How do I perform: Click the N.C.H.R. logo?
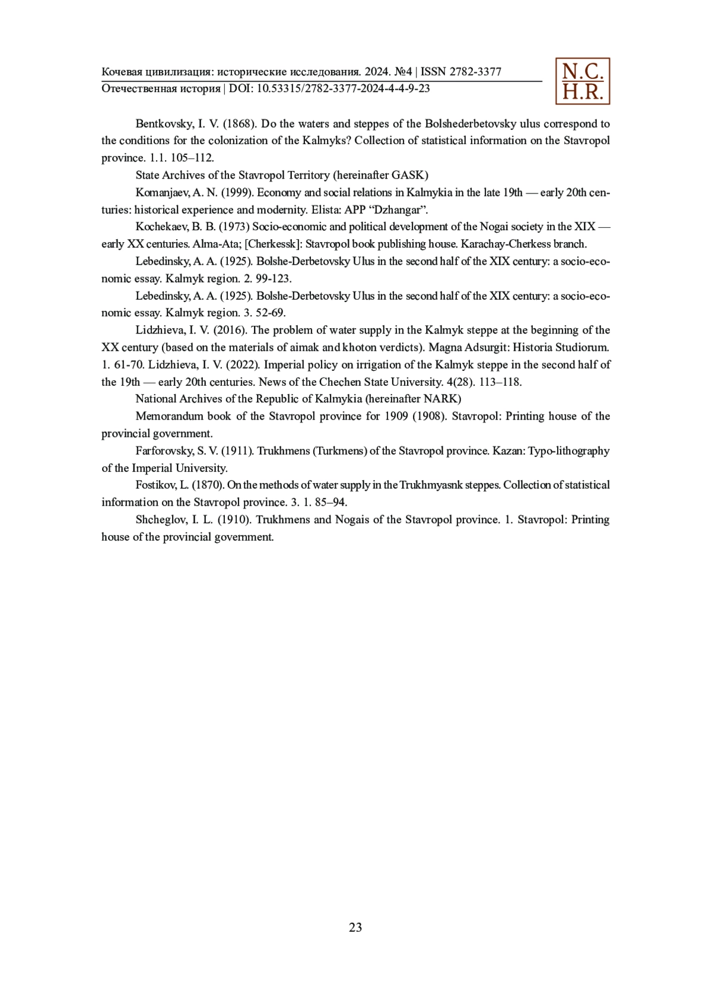click(582, 81)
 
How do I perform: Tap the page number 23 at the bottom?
click(355, 927)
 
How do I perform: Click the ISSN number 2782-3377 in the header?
click(475, 72)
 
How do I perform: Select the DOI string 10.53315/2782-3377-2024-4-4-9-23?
click(343, 89)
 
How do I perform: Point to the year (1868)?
click(239, 124)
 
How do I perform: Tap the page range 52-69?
click(270, 313)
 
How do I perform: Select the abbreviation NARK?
click(441, 399)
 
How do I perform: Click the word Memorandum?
click(169, 416)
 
